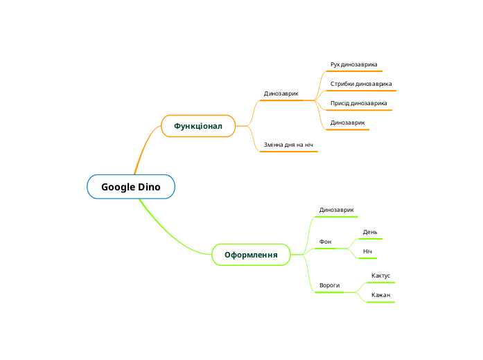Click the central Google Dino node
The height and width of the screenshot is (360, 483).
click(131, 187)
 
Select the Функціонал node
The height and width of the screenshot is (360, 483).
click(198, 126)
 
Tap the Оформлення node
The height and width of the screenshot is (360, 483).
click(251, 255)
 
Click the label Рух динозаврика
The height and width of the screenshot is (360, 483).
click(353, 64)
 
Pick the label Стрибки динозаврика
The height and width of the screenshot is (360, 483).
click(360, 84)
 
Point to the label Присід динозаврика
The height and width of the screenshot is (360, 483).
click(358, 103)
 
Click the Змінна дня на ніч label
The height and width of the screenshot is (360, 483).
click(288, 145)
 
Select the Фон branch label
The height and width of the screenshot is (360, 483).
click(325, 242)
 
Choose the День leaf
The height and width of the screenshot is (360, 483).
click(370, 232)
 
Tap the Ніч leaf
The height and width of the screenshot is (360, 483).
click(367, 251)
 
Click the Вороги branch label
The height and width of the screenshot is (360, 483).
click(329, 285)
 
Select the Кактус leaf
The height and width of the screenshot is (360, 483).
click(380, 276)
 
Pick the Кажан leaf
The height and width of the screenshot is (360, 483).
click(380, 295)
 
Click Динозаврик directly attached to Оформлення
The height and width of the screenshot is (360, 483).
click(336, 209)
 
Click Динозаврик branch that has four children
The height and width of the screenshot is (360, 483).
click(281, 93)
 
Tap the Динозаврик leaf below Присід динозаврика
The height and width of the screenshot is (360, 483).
click(347, 123)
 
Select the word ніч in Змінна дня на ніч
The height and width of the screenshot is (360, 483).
click(308, 145)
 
